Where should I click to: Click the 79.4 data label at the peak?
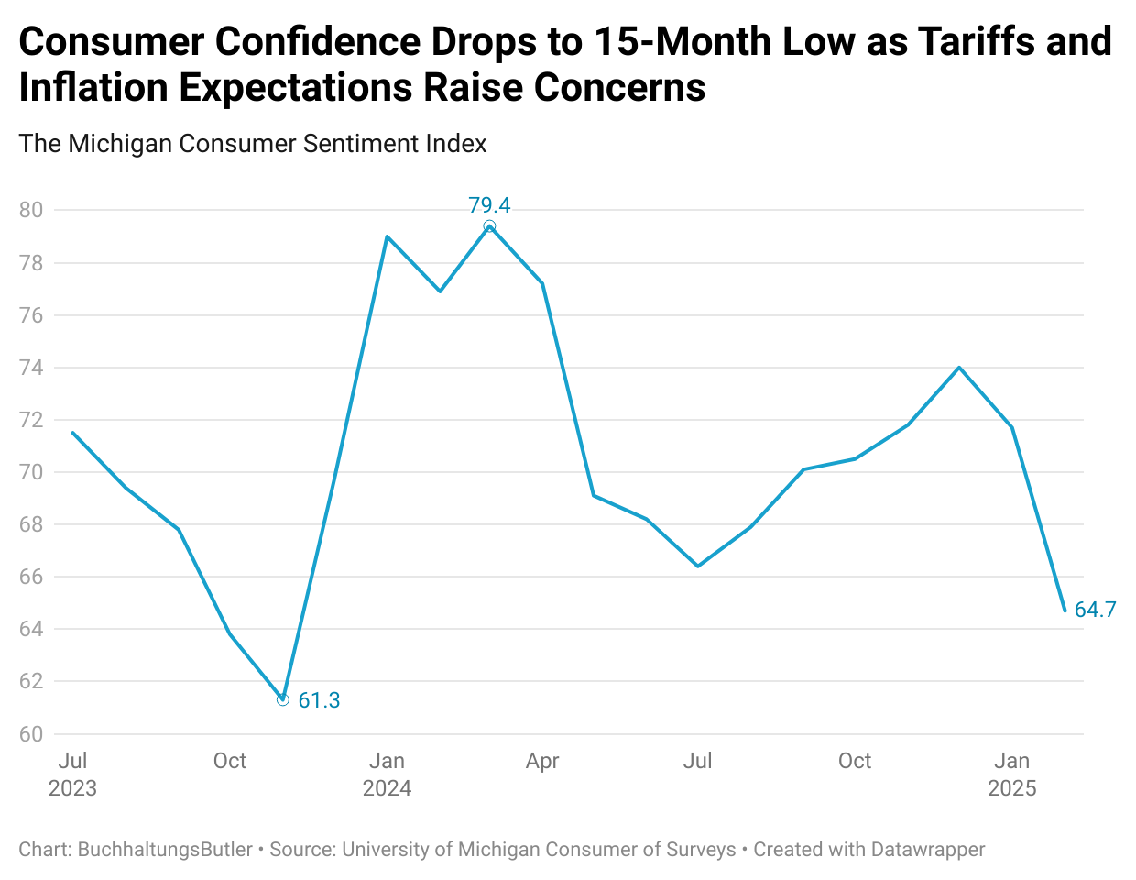pos(489,205)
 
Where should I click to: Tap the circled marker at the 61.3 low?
pos(282,699)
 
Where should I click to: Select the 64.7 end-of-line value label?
pos(1095,610)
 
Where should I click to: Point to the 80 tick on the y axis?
pos(31,210)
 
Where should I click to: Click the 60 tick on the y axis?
pos(31,734)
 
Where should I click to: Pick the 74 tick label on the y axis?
pos(31,368)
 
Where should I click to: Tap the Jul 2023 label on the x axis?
pos(72,775)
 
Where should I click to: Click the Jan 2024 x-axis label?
pos(387,775)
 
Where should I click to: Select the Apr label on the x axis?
pos(542,761)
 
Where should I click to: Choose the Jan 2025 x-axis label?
pos(1011,775)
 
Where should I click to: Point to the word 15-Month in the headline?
pos(679,41)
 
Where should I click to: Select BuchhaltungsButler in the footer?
pos(165,850)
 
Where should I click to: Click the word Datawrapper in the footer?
pos(927,850)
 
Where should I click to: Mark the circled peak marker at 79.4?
pos(489,225)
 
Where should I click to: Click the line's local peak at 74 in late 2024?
pos(959,368)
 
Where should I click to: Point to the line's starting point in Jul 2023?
pos(72,433)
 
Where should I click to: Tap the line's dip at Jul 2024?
pos(698,566)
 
